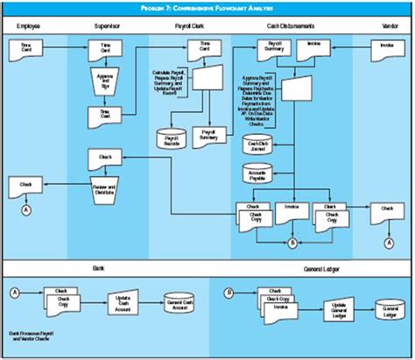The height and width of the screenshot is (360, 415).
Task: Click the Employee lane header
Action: (x=29, y=28)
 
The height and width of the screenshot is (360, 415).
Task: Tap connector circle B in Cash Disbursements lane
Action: (x=291, y=242)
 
